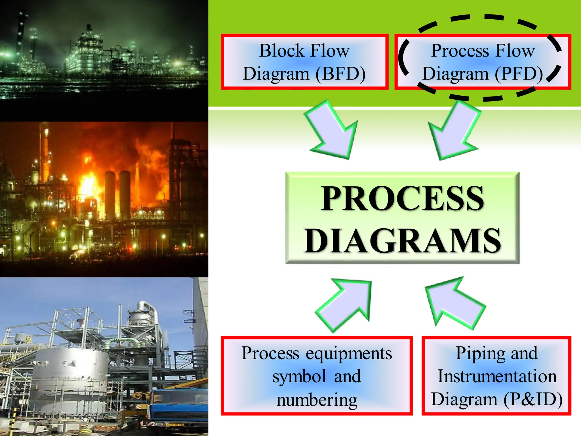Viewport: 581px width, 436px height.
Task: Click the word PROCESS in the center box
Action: point(402,199)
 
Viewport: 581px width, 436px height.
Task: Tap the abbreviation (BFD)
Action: point(340,74)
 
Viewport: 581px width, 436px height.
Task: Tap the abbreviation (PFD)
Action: point(519,74)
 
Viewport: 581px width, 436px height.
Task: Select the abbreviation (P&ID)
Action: point(533,399)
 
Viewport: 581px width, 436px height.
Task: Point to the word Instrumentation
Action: point(497,376)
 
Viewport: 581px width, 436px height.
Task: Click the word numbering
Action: point(317,400)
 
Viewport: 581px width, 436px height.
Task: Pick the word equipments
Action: point(349,354)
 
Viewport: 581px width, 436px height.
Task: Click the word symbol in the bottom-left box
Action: point(299,377)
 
